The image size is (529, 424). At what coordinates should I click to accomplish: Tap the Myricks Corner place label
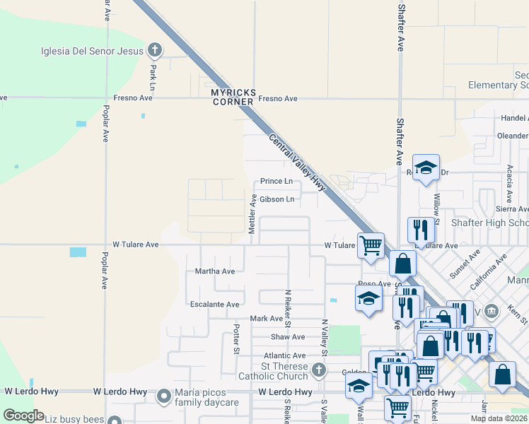[x=233, y=97]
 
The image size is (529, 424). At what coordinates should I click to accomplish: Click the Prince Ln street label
[x=276, y=182]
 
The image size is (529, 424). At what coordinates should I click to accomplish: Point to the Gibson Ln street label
[x=277, y=199]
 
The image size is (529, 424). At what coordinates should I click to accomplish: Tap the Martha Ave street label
[x=215, y=271]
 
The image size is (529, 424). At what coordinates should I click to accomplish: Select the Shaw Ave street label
[x=288, y=337]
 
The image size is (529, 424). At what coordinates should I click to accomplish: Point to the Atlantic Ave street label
[x=285, y=355]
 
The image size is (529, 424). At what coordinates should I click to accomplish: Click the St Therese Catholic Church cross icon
[x=320, y=369]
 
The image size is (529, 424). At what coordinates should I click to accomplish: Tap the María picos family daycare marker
[x=164, y=396]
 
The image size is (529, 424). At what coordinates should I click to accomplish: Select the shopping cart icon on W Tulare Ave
[x=371, y=245]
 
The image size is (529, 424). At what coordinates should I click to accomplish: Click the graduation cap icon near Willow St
[x=426, y=167]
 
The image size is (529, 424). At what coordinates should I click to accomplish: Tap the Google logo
[x=23, y=416]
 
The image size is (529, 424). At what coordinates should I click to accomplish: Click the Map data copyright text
[x=498, y=418]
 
